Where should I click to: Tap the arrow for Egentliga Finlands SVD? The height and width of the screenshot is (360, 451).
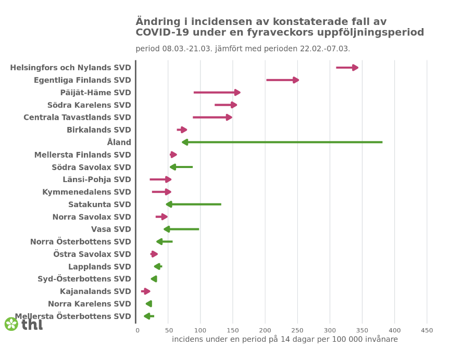282,80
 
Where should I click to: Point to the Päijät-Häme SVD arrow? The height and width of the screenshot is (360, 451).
216,93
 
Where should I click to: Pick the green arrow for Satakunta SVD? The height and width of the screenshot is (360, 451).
194,204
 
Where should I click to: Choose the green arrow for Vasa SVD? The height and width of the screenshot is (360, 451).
181,229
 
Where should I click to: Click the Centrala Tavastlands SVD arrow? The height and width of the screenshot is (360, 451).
211,118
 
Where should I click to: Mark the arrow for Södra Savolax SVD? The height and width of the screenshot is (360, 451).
181,167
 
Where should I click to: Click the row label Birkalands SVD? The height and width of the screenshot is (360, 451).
99,130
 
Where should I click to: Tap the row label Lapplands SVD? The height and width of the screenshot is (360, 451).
99,267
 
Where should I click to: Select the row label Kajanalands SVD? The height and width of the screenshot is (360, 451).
95,291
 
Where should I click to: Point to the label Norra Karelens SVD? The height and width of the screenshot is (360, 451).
90,304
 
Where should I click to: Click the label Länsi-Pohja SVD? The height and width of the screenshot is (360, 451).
97,179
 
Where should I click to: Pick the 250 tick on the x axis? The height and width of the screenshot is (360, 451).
297,330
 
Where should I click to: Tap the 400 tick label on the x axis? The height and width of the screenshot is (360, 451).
394,330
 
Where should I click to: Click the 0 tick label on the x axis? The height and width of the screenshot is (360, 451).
137,330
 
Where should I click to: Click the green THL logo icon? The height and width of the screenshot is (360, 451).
11,324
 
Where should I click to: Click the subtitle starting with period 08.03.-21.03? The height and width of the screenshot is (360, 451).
243,49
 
